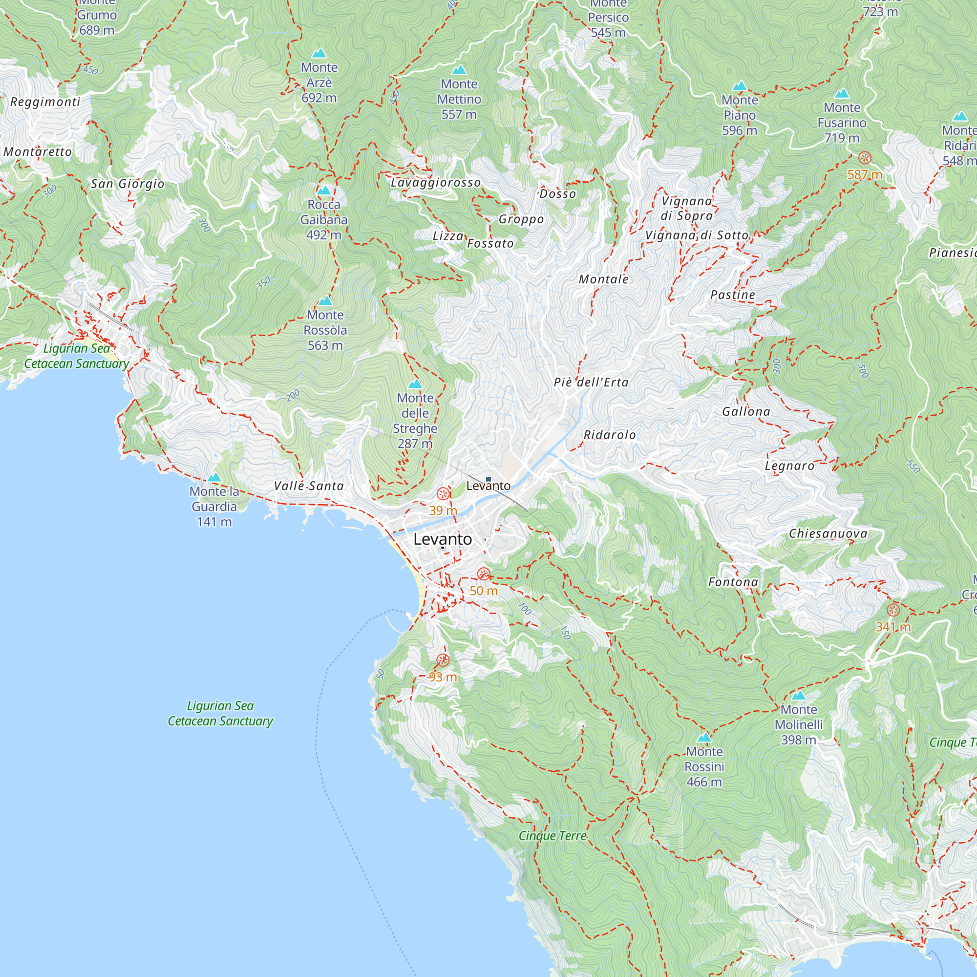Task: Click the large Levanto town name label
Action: click(x=443, y=539)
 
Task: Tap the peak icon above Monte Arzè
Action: click(x=319, y=53)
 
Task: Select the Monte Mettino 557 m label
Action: click(x=459, y=99)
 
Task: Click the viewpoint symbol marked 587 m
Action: click(x=865, y=158)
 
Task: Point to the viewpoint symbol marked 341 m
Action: click(x=893, y=610)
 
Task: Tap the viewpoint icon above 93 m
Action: click(x=443, y=660)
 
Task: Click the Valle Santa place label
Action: click(x=308, y=486)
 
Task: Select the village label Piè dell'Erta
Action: click(x=591, y=382)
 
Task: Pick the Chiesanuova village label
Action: click(x=828, y=533)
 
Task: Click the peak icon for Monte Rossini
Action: click(x=704, y=737)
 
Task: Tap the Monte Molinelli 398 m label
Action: click(x=799, y=724)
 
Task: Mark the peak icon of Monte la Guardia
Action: click(x=214, y=477)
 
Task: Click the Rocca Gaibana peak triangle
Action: click(x=324, y=191)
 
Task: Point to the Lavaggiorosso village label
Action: click(x=435, y=183)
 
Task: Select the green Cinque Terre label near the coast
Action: click(x=552, y=836)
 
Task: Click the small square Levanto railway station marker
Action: click(x=488, y=478)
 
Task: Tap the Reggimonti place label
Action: click(x=45, y=102)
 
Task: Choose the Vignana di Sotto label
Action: click(x=697, y=235)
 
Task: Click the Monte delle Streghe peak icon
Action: click(x=415, y=384)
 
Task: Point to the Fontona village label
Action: click(x=733, y=582)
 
